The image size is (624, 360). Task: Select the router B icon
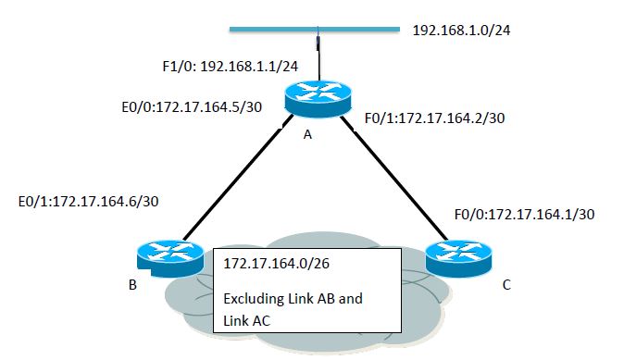[x=169, y=254]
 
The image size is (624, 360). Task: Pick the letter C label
[x=505, y=284]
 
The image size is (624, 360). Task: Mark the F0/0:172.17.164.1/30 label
[x=524, y=214]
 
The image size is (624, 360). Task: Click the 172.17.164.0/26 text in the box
[x=277, y=264]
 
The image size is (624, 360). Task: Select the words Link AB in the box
[x=317, y=300]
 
